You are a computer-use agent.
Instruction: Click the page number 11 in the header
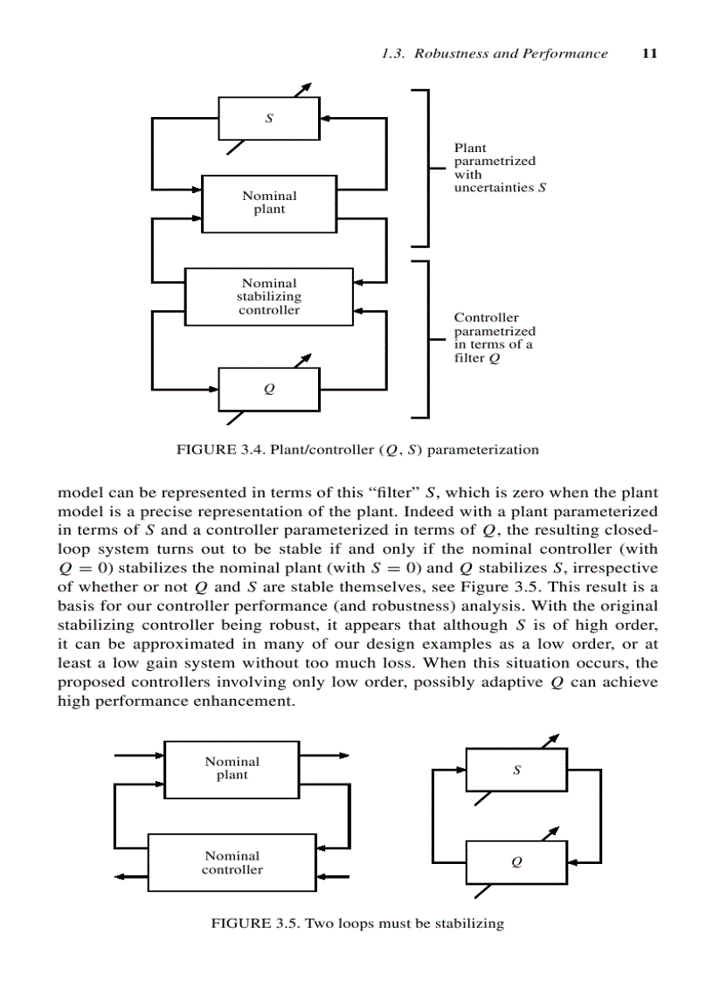pyautogui.click(x=648, y=53)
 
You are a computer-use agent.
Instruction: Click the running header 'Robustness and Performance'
pyautogui.click(x=510, y=53)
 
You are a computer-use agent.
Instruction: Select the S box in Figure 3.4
pyautogui.click(x=268, y=118)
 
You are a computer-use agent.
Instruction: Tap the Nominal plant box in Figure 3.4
pyautogui.click(x=268, y=204)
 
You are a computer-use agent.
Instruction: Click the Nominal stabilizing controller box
pyautogui.click(x=268, y=297)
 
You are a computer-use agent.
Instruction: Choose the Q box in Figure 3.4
pyautogui.click(x=268, y=390)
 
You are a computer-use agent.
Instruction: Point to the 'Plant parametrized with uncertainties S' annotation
pyautogui.click(x=495, y=168)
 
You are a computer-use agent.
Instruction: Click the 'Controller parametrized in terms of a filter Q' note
pyautogui.click(x=494, y=338)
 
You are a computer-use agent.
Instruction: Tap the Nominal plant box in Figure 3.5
pyautogui.click(x=232, y=769)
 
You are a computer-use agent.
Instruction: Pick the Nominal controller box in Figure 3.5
pyautogui.click(x=232, y=862)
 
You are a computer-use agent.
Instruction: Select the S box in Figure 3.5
pyautogui.click(x=516, y=770)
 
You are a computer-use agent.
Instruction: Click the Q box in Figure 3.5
pyautogui.click(x=516, y=862)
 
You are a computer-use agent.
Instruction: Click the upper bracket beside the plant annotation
pyautogui.click(x=426, y=168)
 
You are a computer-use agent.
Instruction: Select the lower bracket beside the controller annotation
pyautogui.click(x=426, y=338)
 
